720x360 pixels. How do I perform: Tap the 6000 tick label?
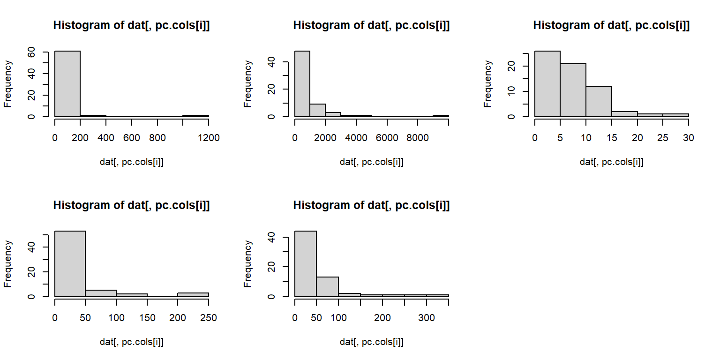(387, 137)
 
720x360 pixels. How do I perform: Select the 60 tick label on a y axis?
(31, 52)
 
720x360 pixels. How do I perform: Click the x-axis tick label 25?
(663, 137)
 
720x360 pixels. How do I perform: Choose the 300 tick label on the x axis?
(427, 317)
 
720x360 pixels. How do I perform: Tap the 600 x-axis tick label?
(132, 137)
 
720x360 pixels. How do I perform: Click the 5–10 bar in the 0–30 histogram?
(573, 90)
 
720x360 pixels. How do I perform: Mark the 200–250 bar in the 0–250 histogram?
(193, 295)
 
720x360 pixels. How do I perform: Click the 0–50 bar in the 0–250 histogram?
(70, 264)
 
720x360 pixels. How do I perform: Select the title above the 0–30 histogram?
(611, 26)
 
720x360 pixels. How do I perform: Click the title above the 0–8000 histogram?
(371, 26)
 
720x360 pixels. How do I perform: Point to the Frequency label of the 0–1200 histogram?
(8, 83)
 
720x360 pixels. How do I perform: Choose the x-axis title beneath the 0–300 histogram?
(371, 342)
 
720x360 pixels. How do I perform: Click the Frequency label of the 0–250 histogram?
(8, 263)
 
